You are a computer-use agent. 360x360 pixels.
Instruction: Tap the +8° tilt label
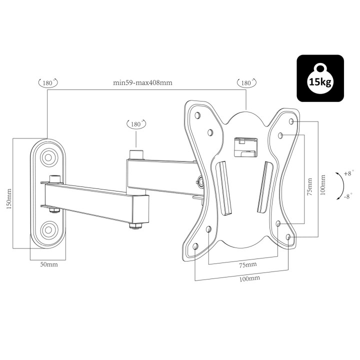(349, 173)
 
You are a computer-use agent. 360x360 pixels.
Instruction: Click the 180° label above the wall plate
(48, 82)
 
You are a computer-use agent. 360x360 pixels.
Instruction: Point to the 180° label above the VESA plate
(246, 82)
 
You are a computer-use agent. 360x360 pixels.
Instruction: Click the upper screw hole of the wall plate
(48, 156)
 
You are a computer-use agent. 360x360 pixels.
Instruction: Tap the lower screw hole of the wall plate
(48, 230)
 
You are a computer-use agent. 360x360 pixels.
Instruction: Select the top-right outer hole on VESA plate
(292, 121)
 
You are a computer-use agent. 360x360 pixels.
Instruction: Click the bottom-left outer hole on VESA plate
(195, 246)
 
